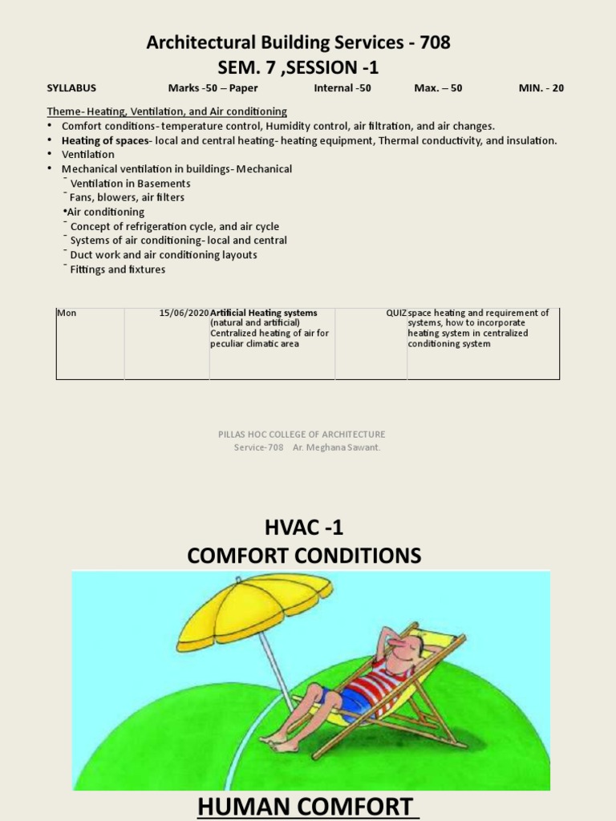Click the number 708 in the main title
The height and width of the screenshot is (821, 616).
coord(431,43)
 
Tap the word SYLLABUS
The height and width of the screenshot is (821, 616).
coord(71,88)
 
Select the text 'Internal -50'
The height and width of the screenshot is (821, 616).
coord(342,88)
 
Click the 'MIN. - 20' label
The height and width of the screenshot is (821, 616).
coord(541,88)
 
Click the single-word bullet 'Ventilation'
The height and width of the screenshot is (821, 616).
coord(88,154)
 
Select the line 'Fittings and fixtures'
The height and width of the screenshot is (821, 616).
coord(118,269)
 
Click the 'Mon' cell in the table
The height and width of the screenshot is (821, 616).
coord(67,313)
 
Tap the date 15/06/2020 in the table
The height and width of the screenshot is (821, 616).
coord(184,313)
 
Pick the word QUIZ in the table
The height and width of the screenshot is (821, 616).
coord(396,313)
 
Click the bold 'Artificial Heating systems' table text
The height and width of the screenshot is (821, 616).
coord(264,313)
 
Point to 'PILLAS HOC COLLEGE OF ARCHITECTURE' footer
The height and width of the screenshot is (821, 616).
coord(302,435)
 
